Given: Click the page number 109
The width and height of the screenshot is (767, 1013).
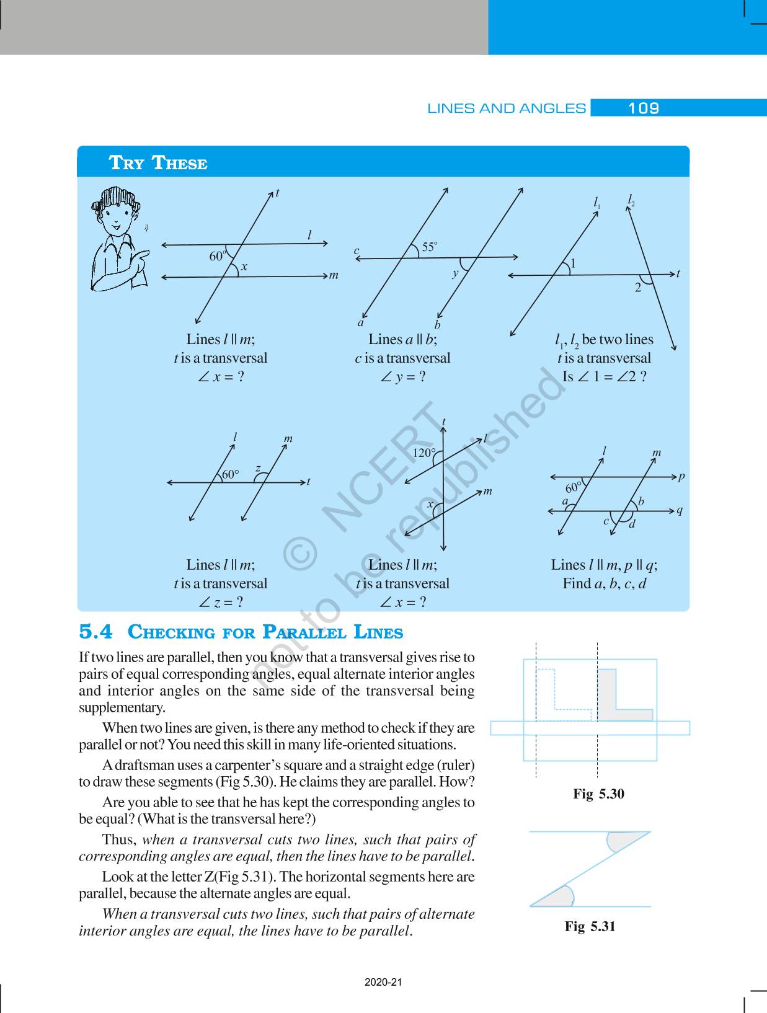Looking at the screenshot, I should tap(643, 108).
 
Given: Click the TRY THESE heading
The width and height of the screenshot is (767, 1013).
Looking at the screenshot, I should tap(158, 163).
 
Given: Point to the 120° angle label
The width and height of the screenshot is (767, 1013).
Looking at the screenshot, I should tap(424, 453).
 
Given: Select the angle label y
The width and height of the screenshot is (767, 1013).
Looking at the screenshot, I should tap(456, 273).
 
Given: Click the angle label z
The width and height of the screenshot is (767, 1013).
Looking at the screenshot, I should tap(258, 469).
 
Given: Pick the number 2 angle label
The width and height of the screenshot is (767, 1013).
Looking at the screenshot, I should tap(637, 288).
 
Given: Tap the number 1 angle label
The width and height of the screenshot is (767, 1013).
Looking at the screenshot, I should tap(573, 264).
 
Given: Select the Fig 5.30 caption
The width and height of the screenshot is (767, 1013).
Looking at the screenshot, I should tap(598, 794).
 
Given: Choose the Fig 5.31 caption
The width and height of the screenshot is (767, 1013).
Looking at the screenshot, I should tap(590, 927).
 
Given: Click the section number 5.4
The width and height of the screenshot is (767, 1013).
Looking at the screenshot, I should tap(96, 632).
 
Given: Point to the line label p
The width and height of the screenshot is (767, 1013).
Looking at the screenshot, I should tap(681, 477).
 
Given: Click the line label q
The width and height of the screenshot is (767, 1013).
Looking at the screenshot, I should tap(680, 511).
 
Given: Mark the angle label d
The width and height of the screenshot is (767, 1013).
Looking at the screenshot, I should tap(632, 525).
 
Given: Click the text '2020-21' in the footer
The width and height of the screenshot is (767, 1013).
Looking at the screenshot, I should tap(383, 982).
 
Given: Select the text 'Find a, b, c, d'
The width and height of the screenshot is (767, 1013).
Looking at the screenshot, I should tap(604, 583).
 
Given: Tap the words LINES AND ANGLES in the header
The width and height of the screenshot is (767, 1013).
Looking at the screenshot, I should tap(506, 108).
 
